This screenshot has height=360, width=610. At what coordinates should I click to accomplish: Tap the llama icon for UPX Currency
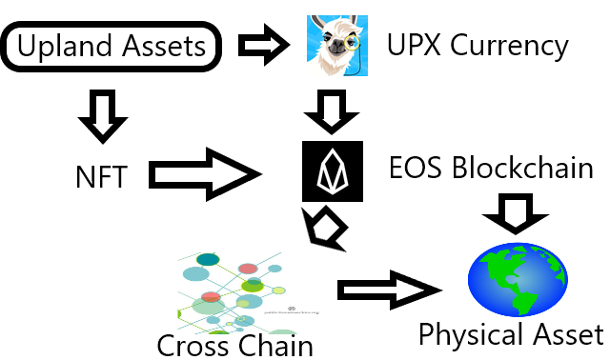tap(337, 46)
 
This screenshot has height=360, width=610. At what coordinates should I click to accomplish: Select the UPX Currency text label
tap(478, 46)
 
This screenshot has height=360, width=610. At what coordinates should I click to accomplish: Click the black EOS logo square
tap(333, 171)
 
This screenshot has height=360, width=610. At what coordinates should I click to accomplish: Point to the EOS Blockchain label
tap(491, 168)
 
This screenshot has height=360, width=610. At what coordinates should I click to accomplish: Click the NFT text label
tap(102, 177)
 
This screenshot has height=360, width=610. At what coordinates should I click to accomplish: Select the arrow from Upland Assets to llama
tap(264, 45)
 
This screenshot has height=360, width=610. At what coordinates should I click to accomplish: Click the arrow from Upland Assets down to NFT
tap(103, 116)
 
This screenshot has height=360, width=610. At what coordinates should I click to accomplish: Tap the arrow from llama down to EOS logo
tap(332, 112)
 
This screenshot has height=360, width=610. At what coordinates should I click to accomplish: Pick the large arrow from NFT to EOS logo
tap(206, 174)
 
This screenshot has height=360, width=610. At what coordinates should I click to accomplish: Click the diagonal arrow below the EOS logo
tap(325, 230)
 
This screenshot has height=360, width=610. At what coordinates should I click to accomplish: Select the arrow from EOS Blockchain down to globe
tap(516, 214)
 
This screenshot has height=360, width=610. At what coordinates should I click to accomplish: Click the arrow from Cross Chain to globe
tap(390, 290)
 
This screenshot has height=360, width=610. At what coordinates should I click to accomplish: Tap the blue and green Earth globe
tap(518, 279)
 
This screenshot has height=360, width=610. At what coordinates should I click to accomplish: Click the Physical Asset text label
tap(511, 334)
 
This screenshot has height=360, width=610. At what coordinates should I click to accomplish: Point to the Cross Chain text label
tap(235, 345)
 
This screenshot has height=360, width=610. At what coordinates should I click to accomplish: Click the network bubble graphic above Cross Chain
tap(234, 292)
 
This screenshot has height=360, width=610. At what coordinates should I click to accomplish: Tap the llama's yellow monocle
tap(352, 43)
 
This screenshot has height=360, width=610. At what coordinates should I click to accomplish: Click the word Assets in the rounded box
tap(164, 46)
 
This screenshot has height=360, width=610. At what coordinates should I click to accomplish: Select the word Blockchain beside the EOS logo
tap(522, 168)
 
